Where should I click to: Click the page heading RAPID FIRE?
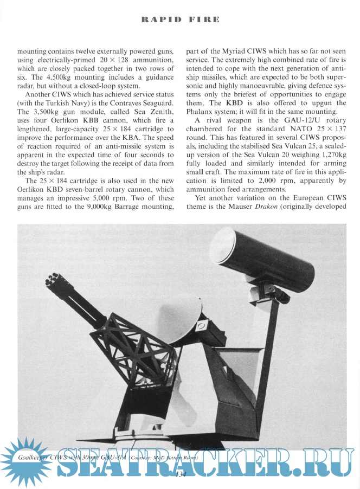click(180, 20)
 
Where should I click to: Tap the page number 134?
click(181, 474)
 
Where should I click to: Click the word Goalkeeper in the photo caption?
click(34, 459)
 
